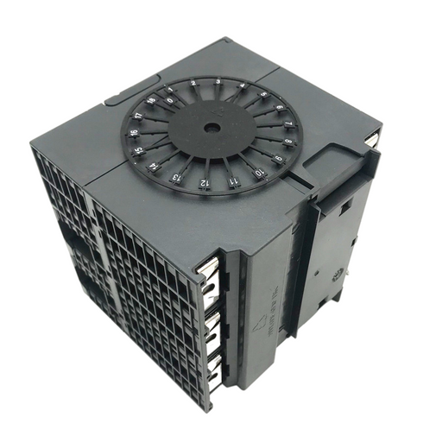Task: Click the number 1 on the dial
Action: (170, 90)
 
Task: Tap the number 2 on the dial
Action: (193, 83)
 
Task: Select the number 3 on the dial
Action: (218, 81)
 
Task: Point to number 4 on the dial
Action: (243, 85)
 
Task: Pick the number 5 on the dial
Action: (263, 94)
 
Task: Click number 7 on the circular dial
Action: (287, 124)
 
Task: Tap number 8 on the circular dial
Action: (288, 142)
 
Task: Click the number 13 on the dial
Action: (175, 177)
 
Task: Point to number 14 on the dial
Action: (153, 167)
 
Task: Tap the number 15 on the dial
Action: (138, 150)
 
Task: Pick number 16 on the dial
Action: (133, 133)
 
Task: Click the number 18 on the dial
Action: (151, 100)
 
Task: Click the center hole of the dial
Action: (212, 128)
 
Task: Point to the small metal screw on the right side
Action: (338, 275)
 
